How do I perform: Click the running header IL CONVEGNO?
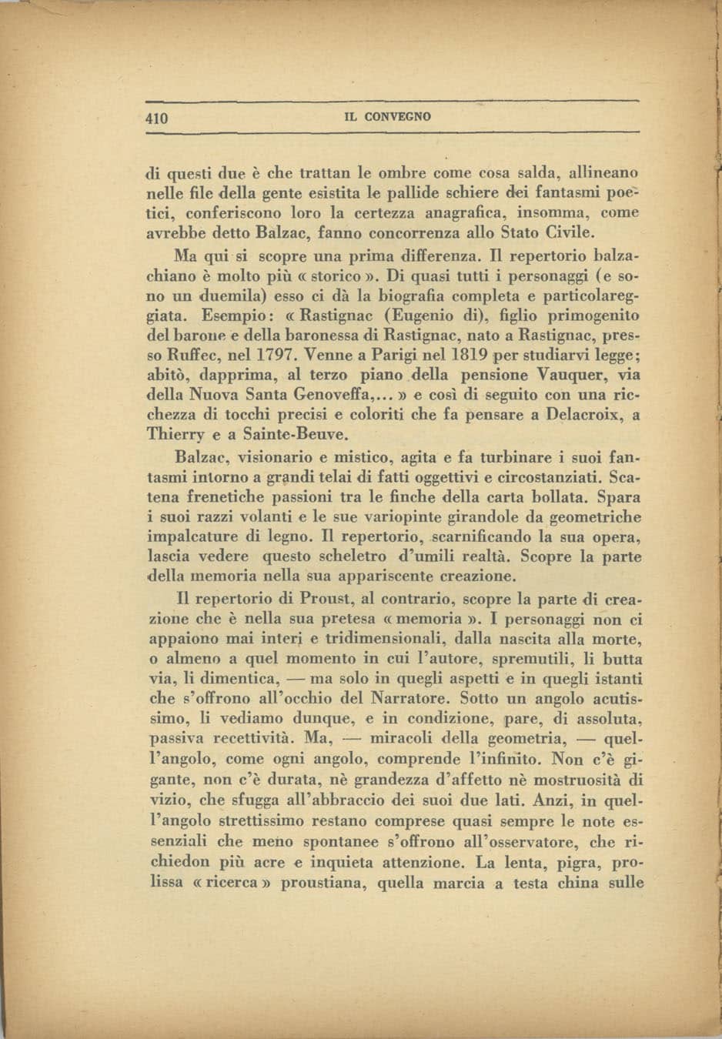tap(387, 118)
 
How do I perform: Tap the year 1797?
tap(275, 356)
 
